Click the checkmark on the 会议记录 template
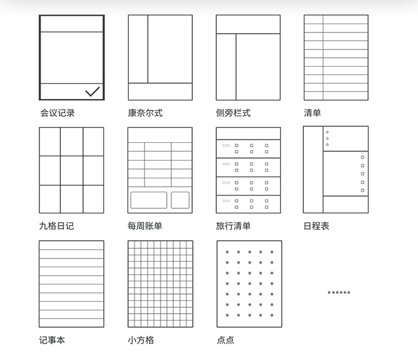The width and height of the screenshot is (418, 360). click(x=92, y=91)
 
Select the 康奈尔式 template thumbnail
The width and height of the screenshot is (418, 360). click(x=160, y=57)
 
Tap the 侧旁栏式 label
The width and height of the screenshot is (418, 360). click(x=233, y=113)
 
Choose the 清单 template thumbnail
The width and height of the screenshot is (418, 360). click(x=336, y=57)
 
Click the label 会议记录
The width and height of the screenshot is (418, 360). click(x=57, y=113)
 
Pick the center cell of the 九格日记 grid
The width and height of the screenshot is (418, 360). click(x=72, y=170)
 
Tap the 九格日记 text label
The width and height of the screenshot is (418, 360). click(x=56, y=226)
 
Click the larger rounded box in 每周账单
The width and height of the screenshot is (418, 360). click(x=149, y=200)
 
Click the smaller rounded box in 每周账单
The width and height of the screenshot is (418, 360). click(x=180, y=200)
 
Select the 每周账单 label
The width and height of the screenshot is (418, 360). click(x=145, y=226)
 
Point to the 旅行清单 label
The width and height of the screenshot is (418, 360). click(x=233, y=226)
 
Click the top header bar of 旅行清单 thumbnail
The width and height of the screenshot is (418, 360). click(x=248, y=133)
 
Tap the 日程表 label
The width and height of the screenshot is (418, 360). click(x=317, y=226)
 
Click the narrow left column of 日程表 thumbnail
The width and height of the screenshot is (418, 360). click(x=313, y=170)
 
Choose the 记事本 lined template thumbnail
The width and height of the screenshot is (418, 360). click(x=72, y=284)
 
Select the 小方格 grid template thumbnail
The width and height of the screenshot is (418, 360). click(x=160, y=284)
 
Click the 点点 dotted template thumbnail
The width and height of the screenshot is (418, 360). click(x=249, y=284)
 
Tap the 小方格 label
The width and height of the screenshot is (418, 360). click(x=141, y=340)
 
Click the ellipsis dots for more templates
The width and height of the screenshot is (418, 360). click(x=339, y=292)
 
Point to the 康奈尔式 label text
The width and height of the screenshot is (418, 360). click(x=145, y=113)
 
